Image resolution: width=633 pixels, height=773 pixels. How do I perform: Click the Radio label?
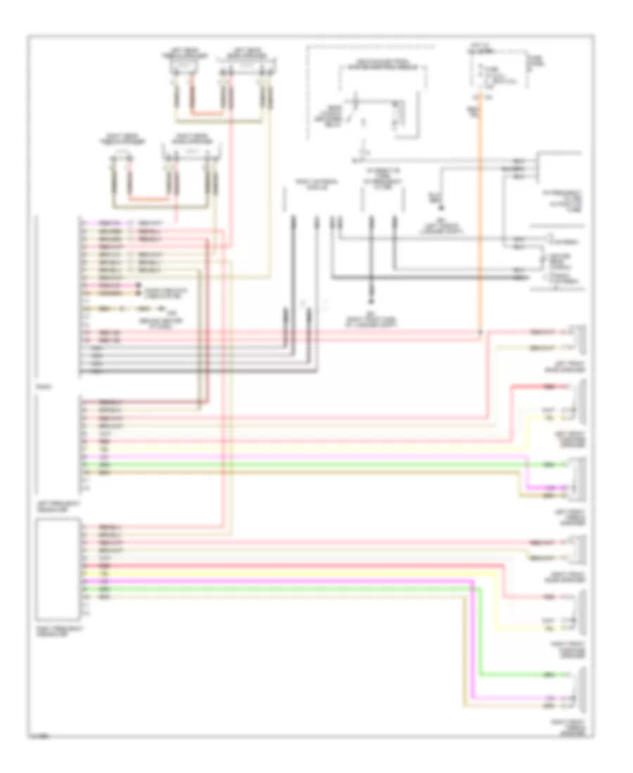[x=41, y=386]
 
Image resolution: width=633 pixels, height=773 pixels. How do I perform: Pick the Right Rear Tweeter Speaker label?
[x=121, y=138]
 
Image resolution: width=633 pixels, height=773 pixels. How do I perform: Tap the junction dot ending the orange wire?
[x=480, y=331]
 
